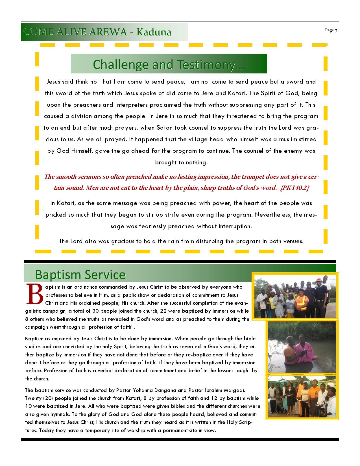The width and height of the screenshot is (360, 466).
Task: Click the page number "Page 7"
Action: click(331, 30)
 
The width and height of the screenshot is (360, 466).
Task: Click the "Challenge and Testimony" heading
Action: click(169, 64)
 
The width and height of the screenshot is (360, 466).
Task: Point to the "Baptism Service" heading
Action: click(80, 275)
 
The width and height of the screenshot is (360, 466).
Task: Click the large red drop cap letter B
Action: click(34, 294)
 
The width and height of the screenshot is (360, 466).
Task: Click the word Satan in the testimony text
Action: click(164, 128)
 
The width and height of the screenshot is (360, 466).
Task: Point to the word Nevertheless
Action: click(273, 215)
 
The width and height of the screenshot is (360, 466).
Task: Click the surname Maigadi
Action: click(234, 390)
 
